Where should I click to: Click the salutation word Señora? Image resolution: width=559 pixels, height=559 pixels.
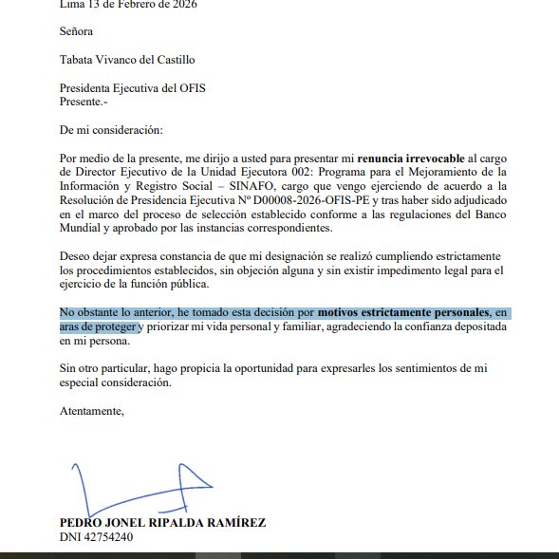[x=78, y=31]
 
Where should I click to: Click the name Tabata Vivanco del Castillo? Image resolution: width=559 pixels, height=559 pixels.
[x=127, y=60]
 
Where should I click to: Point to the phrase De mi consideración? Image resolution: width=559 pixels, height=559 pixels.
[x=111, y=128]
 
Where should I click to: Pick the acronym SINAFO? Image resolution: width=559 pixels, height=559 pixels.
[x=251, y=186]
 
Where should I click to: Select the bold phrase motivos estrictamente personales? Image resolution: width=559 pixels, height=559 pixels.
[x=404, y=312]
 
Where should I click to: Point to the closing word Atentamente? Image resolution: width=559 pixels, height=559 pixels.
[x=91, y=411]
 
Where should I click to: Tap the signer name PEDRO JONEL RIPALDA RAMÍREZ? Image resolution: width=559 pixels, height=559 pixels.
[x=162, y=522]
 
